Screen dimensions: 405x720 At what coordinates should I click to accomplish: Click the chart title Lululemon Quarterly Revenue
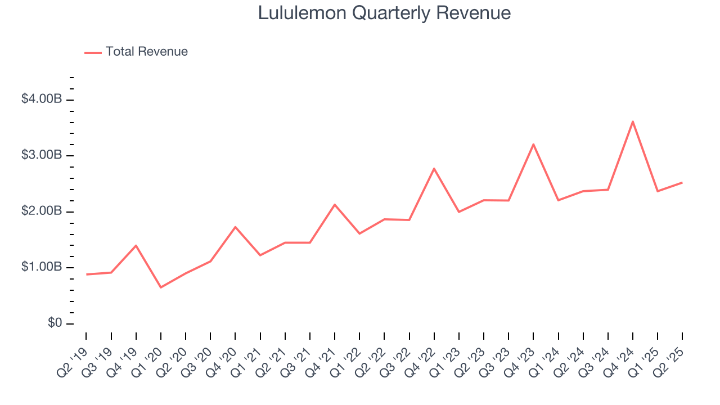pyautogui.click(x=384, y=13)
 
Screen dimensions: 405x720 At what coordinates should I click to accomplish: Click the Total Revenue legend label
pyautogui.click(x=146, y=52)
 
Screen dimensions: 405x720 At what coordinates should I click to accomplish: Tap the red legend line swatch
pyautogui.click(x=93, y=52)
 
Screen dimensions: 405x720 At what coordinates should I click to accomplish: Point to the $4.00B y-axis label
pyautogui.click(x=41, y=99)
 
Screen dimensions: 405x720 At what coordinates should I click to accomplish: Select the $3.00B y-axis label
pyautogui.click(x=41, y=155)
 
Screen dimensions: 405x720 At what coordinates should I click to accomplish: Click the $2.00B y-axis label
pyautogui.click(x=41, y=211)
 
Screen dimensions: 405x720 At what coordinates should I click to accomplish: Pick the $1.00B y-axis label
pyautogui.click(x=41, y=267)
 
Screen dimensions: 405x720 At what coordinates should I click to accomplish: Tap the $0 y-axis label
pyautogui.click(x=54, y=323)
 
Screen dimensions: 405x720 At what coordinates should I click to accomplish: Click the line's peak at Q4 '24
pyautogui.click(x=633, y=121)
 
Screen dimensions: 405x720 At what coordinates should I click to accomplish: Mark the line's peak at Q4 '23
pyautogui.click(x=533, y=144)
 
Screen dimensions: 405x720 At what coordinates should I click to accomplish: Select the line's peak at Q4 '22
pyautogui.click(x=434, y=168)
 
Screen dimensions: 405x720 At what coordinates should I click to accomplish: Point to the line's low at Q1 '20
pyautogui.click(x=161, y=287)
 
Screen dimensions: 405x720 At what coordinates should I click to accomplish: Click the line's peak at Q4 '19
pyautogui.click(x=136, y=245)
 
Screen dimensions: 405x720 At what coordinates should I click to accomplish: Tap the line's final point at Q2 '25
pyautogui.click(x=682, y=182)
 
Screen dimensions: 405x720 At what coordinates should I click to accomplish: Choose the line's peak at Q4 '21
pyautogui.click(x=335, y=204)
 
